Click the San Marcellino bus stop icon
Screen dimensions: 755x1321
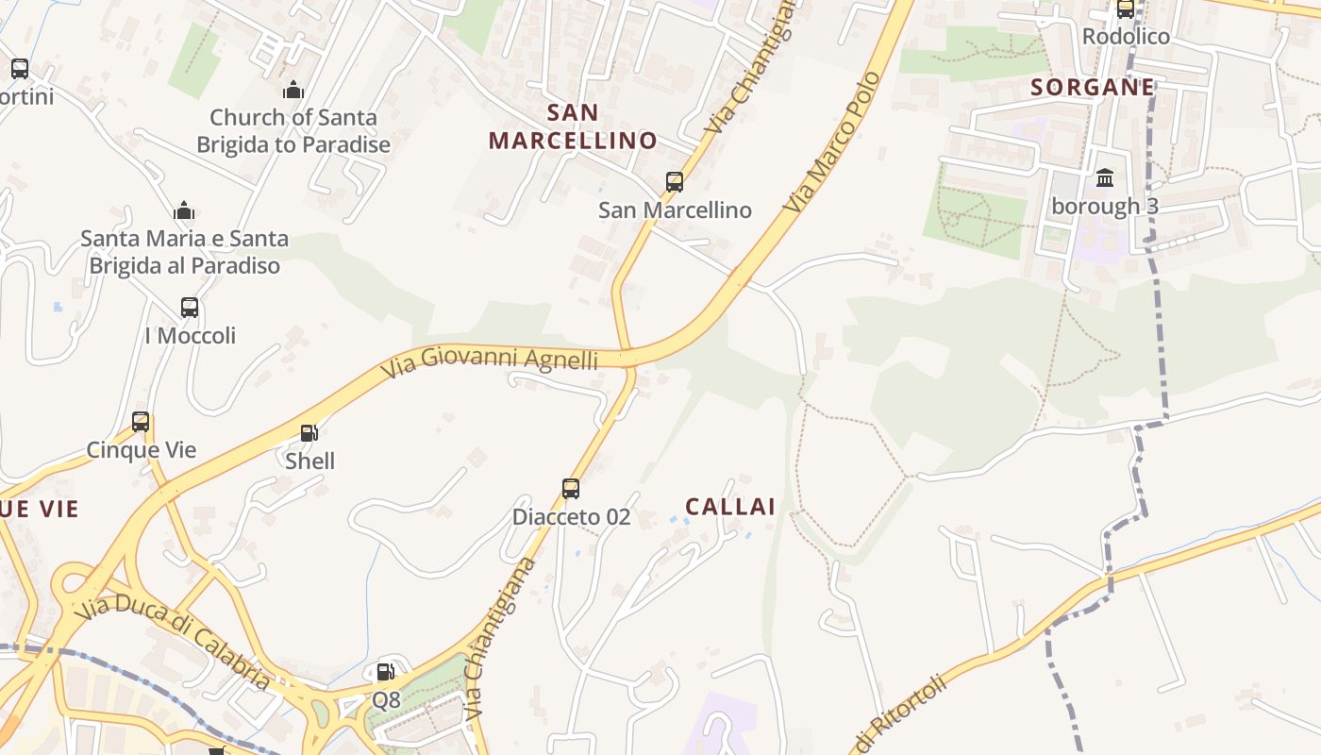tap(674, 182)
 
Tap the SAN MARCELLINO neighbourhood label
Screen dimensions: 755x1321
tap(573, 126)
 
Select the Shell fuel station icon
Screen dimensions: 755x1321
tap(309, 433)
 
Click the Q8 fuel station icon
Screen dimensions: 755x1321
tap(385, 672)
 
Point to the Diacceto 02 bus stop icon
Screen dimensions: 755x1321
tap(570, 488)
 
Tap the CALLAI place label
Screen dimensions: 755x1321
tap(730, 507)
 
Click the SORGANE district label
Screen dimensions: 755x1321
tap(1093, 88)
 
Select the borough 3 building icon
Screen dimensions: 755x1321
tap(1105, 177)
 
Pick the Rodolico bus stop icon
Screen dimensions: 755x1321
tap(1125, 9)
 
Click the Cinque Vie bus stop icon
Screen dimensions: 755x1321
tap(141, 422)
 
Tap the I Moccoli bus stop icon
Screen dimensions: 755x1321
tap(190, 308)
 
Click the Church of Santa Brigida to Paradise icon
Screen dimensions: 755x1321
tap(293, 91)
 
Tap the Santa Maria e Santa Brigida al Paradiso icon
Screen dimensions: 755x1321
tap(184, 210)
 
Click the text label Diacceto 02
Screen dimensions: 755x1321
tap(571, 517)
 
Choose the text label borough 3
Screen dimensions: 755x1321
tap(1105, 206)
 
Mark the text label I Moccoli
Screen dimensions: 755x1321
tap(190, 336)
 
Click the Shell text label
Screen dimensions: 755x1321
tap(310, 461)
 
